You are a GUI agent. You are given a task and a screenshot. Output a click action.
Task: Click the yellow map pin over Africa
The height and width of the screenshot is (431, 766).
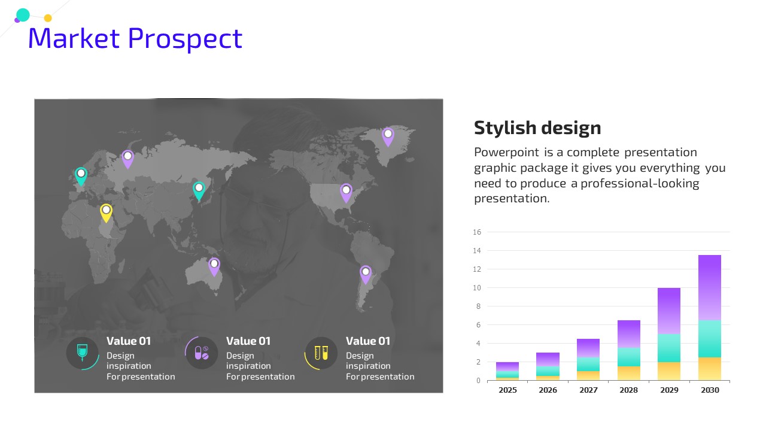pyautogui.click(x=106, y=213)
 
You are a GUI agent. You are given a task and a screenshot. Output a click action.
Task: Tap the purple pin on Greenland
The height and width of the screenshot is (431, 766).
pyautogui.click(x=388, y=137)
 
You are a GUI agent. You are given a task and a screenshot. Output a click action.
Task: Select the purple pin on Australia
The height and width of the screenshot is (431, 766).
pyautogui.click(x=214, y=267)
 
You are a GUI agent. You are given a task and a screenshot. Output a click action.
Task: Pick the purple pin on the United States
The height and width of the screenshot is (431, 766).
pyautogui.click(x=346, y=193)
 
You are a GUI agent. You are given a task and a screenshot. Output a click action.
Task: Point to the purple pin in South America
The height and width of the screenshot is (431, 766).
pyautogui.click(x=366, y=275)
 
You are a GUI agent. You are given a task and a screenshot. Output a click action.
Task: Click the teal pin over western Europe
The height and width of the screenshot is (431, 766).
pyautogui.click(x=81, y=177)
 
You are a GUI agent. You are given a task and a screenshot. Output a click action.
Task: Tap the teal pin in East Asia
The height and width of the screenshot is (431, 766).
pyautogui.click(x=199, y=191)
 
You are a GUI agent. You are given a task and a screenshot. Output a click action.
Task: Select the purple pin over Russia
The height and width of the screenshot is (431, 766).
pyautogui.click(x=127, y=159)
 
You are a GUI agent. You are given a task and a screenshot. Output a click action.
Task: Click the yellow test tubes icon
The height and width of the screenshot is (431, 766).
pyautogui.click(x=321, y=353)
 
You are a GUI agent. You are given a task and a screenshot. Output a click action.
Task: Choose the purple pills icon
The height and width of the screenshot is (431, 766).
pyautogui.click(x=202, y=353)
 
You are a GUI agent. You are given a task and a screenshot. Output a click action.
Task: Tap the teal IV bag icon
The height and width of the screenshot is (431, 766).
pyautogui.click(x=82, y=353)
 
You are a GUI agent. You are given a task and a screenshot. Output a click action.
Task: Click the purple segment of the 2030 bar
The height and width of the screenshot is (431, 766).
pyautogui.click(x=710, y=288)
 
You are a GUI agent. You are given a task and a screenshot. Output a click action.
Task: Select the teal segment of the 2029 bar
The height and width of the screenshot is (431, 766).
pyautogui.click(x=669, y=348)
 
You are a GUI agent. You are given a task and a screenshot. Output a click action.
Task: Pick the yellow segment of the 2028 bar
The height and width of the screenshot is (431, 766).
pyautogui.click(x=628, y=373)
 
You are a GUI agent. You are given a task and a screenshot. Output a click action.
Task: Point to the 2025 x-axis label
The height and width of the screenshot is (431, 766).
pyautogui.click(x=507, y=390)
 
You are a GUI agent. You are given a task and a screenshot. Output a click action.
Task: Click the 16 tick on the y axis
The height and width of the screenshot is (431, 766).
pyautogui.click(x=477, y=232)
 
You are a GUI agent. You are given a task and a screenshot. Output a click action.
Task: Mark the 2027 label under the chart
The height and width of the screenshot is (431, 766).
pyautogui.click(x=588, y=390)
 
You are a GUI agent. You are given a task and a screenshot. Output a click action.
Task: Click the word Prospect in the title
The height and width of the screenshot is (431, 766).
pyautogui.click(x=185, y=39)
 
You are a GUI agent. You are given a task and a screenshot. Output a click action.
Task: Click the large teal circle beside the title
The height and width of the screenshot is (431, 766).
pyautogui.click(x=23, y=15)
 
